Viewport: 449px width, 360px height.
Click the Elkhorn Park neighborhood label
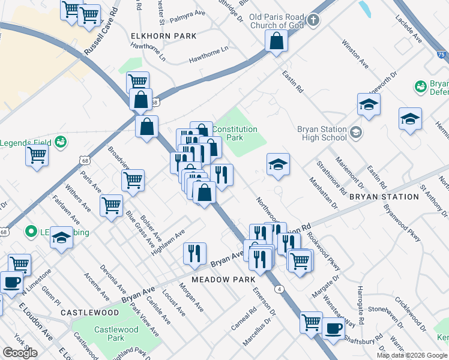point(164,36)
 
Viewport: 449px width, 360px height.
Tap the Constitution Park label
point(235,133)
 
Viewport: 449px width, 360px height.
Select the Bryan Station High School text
point(322,133)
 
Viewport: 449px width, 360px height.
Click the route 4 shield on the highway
point(280,289)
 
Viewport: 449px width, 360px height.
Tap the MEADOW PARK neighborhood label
point(223,280)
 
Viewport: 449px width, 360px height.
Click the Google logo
point(20,353)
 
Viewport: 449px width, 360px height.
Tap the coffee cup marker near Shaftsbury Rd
point(333,328)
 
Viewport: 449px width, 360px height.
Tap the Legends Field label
point(27,143)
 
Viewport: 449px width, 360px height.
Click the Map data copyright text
point(411,355)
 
